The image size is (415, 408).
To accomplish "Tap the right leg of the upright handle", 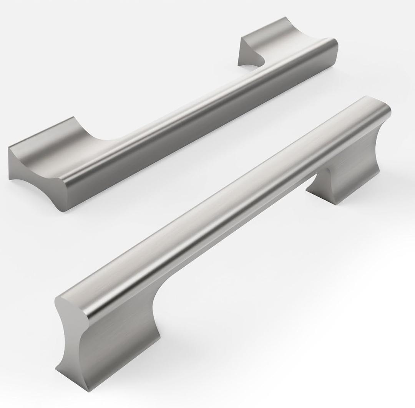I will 348,177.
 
